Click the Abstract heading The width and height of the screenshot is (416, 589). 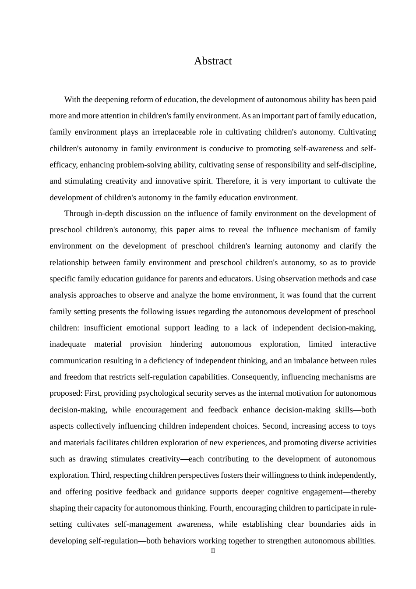pos(213,61)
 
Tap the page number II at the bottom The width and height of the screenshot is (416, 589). pos(213,551)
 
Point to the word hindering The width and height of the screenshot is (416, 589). pos(186,344)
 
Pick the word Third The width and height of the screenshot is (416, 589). pos(101,475)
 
